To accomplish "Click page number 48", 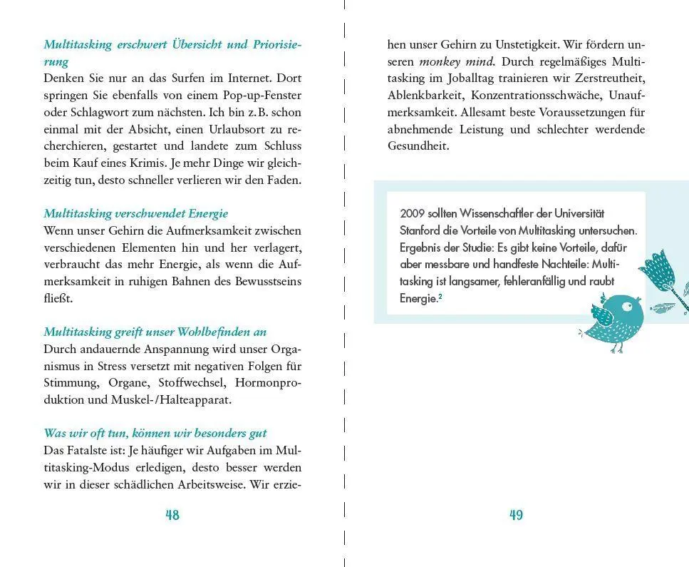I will [172, 515].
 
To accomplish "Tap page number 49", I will [517, 515].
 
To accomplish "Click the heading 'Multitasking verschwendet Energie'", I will [136, 213].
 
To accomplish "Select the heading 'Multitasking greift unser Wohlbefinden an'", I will [155, 332].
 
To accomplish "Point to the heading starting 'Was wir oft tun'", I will [155, 433].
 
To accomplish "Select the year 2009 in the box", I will [412, 213].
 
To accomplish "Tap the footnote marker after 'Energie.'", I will [440, 297].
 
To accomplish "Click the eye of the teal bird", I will [626, 307].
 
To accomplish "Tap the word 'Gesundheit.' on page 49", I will [418, 146].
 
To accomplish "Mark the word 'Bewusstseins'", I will [259, 281].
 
